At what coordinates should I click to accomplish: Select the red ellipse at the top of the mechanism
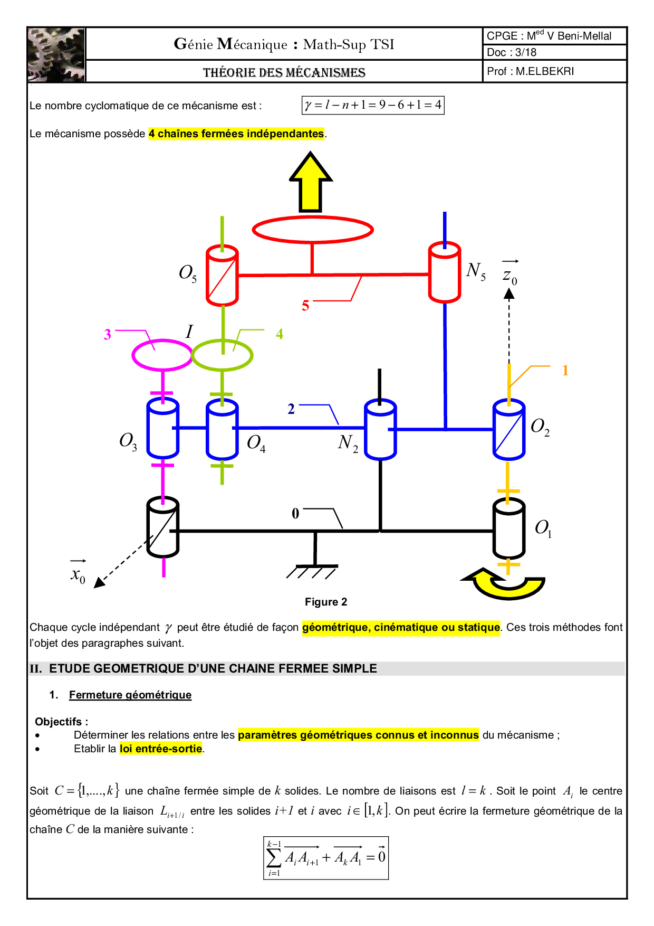[313, 230]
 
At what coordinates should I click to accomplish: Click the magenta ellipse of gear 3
[162, 355]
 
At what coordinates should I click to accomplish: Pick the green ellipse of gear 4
[222, 355]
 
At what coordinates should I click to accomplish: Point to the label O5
[188, 273]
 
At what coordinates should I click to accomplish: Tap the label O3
[128, 441]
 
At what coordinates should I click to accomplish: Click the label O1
[543, 528]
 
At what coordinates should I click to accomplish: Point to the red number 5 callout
[305, 306]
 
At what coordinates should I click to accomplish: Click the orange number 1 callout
[565, 371]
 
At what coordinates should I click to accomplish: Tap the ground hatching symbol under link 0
[312, 572]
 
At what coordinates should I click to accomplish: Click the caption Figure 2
[326, 602]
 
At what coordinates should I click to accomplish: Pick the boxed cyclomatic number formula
[373, 105]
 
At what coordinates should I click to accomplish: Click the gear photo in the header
[56, 55]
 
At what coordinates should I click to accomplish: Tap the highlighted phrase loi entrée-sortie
[161, 749]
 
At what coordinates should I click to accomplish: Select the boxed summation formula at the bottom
[326, 858]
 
